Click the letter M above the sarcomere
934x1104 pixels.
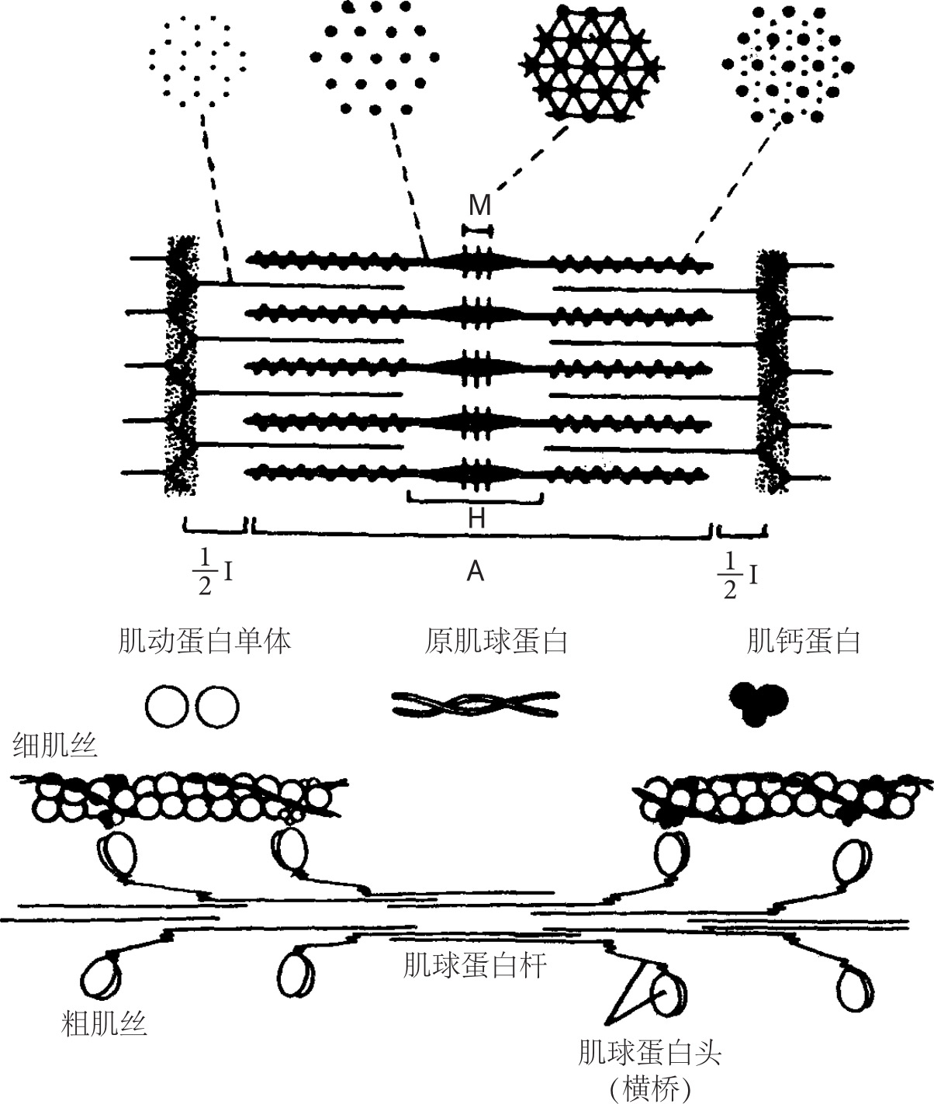point(479,205)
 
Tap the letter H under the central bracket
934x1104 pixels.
point(476,519)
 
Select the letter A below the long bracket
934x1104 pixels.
point(476,573)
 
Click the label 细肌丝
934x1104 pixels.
point(54,746)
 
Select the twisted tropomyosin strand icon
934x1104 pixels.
point(476,704)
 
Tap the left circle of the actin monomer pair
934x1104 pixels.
point(167,706)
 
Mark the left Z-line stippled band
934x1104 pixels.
point(180,365)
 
